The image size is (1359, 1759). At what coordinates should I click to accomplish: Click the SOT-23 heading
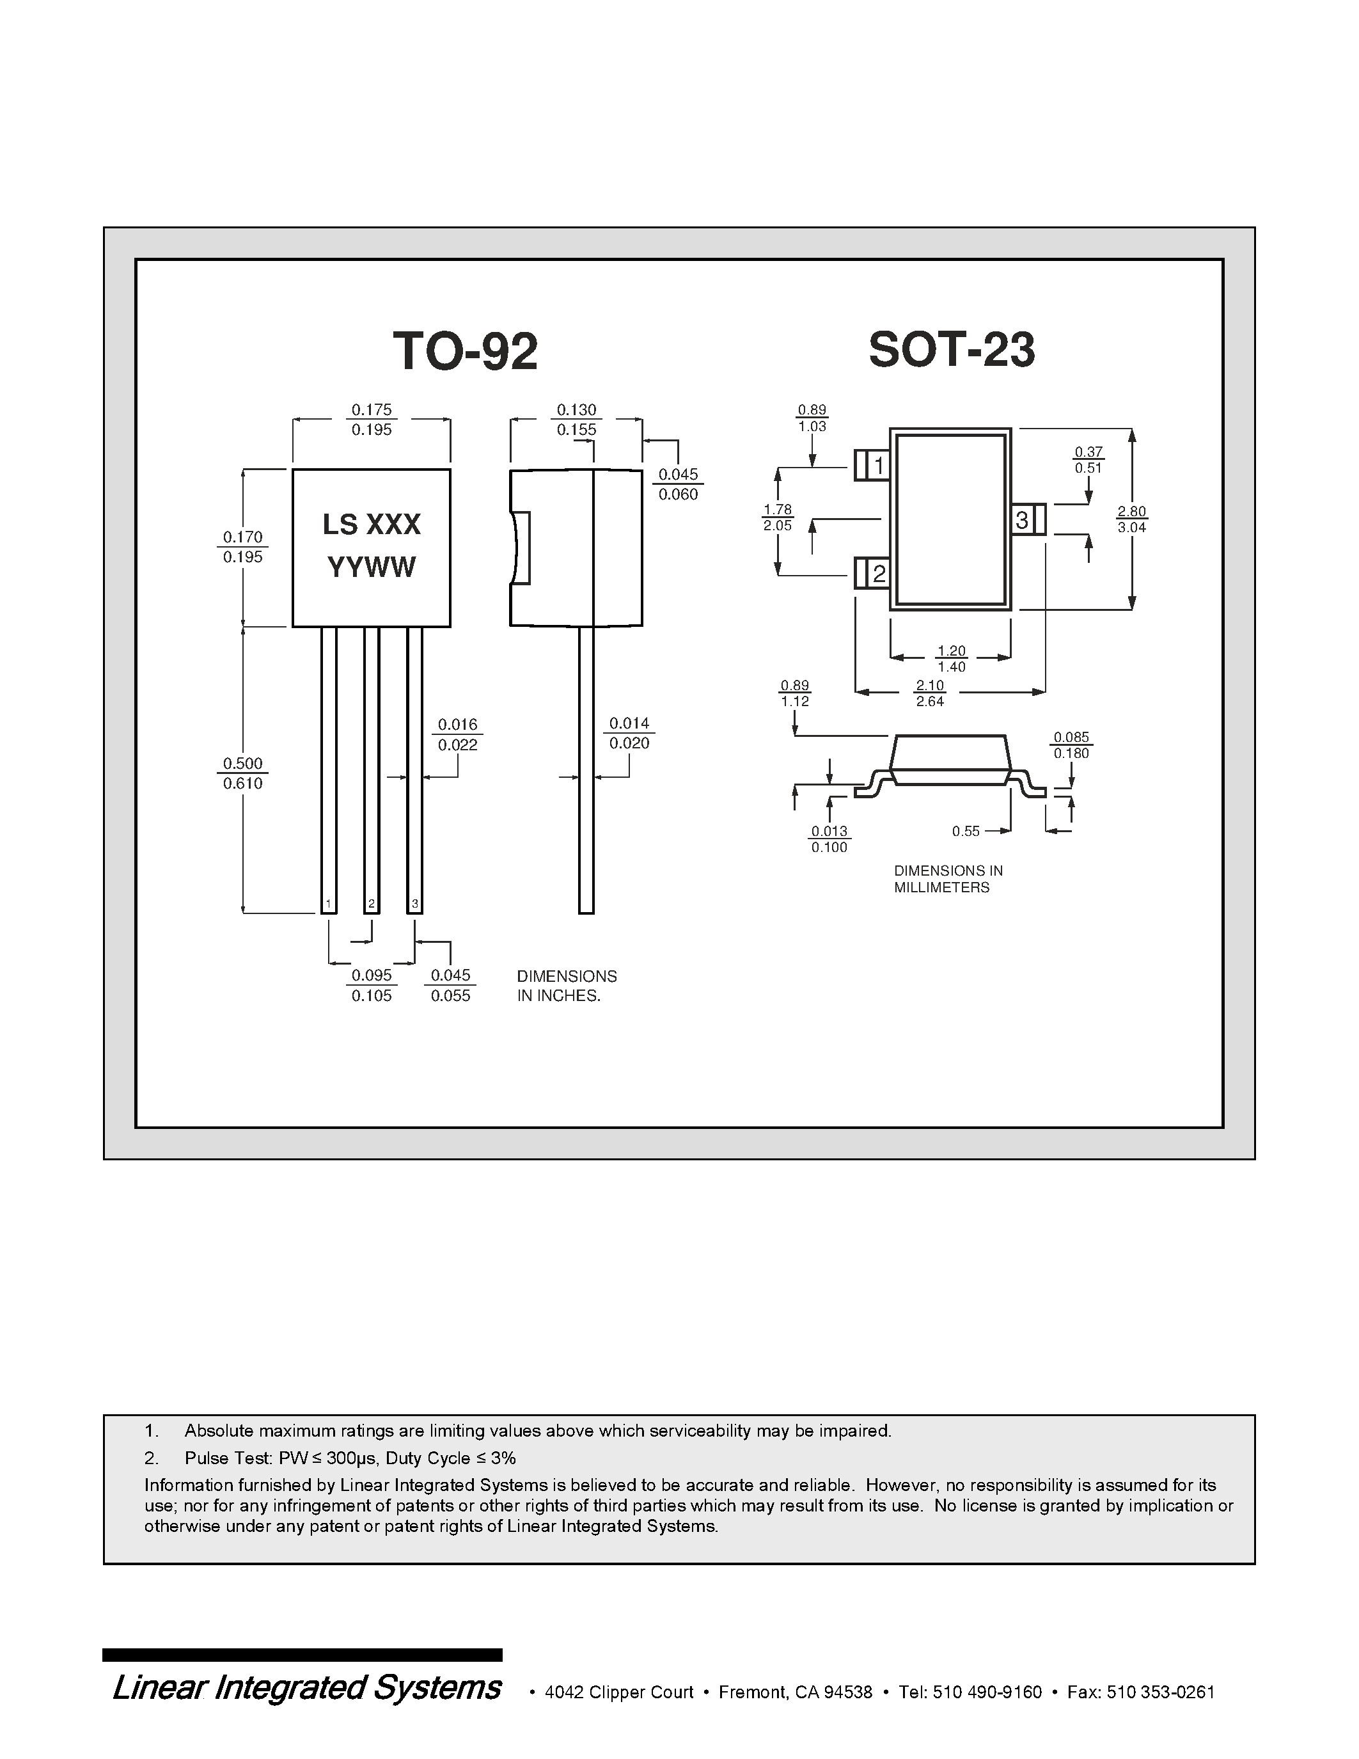(x=952, y=351)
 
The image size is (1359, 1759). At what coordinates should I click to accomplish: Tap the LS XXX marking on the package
(x=371, y=525)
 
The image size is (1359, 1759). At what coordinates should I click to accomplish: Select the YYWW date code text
(x=371, y=568)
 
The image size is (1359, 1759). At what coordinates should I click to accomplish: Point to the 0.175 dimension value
(x=371, y=410)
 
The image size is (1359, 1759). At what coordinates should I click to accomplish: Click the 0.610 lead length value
(x=242, y=784)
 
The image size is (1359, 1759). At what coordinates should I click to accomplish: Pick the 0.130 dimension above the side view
(x=576, y=410)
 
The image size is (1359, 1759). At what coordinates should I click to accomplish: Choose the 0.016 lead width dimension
(x=457, y=725)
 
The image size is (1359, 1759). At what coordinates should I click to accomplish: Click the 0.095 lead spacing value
(x=371, y=975)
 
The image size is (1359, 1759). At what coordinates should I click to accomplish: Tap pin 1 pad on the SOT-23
(x=872, y=466)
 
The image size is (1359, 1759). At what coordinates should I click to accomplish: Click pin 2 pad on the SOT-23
(x=872, y=574)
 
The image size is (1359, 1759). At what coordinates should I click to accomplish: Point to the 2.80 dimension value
(x=1131, y=512)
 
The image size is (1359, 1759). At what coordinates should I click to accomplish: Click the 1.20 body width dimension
(x=951, y=651)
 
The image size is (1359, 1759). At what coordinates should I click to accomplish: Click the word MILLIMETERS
(x=941, y=888)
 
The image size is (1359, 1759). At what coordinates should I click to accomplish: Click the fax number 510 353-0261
(x=1160, y=1692)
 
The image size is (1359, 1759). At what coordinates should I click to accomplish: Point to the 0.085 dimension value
(x=1071, y=737)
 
